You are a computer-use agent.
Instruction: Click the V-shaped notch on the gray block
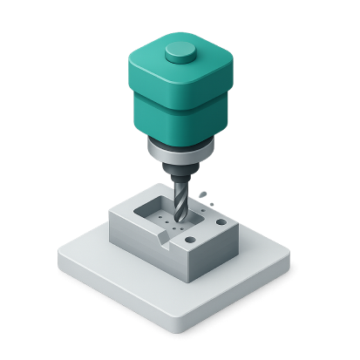pyautogui.click(x=165, y=238)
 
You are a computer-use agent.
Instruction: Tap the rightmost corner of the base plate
pyautogui.click(x=293, y=262)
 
